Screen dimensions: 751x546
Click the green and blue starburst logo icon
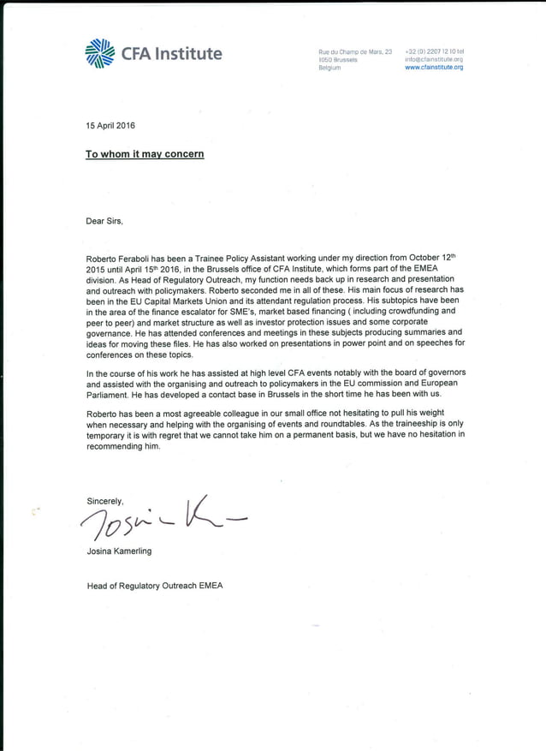[x=100, y=53]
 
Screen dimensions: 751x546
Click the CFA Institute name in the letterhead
[x=171, y=54]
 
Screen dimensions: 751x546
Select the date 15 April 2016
[x=110, y=126]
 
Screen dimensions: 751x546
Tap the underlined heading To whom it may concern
[x=145, y=154]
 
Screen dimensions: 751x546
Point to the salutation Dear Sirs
[x=104, y=221]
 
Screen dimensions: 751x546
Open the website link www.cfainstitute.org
[x=434, y=68]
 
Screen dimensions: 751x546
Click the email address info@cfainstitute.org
[x=434, y=60]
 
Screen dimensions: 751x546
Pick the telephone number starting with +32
[x=434, y=52]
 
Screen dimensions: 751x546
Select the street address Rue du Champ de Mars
[x=354, y=52]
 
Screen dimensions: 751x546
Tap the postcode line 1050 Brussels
[x=337, y=60]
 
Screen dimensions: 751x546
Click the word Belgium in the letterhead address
[x=329, y=68]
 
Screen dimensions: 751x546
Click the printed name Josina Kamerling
[x=119, y=551]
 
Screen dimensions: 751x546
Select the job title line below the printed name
[x=155, y=587]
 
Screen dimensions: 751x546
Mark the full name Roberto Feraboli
[x=118, y=258]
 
